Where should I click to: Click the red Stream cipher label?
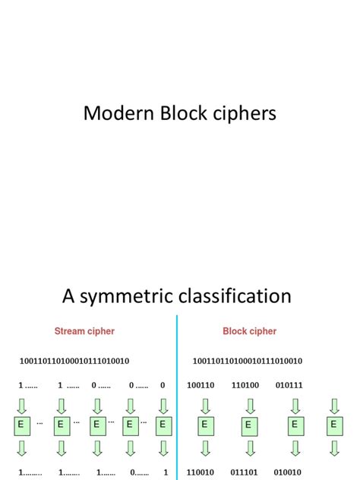tap(84, 331)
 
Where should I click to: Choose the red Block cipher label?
tap(249, 331)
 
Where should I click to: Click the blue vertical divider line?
tap(177, 395)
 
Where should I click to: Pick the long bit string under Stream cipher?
tap(74, 361)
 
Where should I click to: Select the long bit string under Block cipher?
tap(248, 361)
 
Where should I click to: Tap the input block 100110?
tap(204, 385)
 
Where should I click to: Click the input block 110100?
tap(248, 385)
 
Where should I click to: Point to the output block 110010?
tap(204, 472)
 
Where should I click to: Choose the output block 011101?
tap(248, 472)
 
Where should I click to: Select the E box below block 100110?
tap(204, 425)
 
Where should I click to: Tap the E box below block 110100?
tap(248, 426)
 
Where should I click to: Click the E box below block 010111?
tap(293, 425)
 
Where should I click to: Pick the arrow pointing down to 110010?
tap(204, 449)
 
